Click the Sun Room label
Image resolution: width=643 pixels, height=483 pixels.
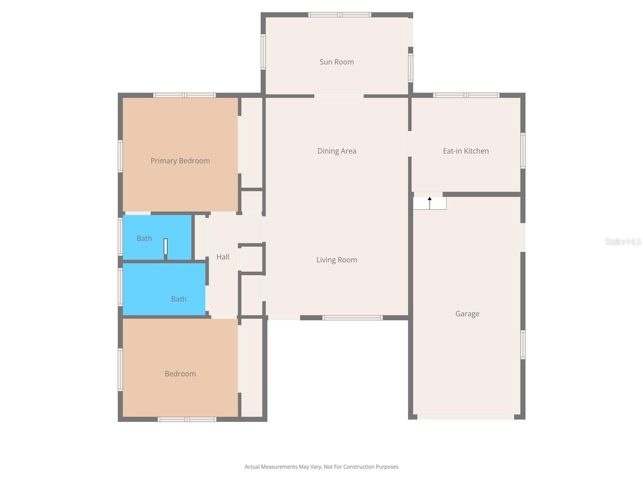[336, 62]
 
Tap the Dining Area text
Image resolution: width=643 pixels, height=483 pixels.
[336, 151]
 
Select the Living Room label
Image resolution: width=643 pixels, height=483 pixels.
[336, 260]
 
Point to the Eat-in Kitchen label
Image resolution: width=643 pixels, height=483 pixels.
[465, 151]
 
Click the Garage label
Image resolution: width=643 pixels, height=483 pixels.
[467, 314]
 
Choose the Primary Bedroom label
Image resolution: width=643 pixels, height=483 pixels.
[180, 161]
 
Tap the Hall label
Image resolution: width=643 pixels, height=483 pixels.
[223, 257]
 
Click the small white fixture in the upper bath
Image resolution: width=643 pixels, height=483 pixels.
[165, 246]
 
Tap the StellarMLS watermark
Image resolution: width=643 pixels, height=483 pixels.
[623, 242]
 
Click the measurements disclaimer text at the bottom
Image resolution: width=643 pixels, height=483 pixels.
[321, 467]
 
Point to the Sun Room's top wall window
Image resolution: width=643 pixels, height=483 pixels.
[340, 15]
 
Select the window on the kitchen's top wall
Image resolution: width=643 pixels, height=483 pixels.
[466, 95]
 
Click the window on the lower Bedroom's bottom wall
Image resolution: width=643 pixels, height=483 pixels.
[187, 419]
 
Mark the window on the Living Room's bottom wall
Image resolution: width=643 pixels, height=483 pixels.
[352, 318]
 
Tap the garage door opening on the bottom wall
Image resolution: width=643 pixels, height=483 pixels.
[465, 417]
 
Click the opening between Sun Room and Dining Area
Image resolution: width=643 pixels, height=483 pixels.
[339, 96]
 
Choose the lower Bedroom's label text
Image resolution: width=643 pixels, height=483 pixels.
[180, 374]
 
